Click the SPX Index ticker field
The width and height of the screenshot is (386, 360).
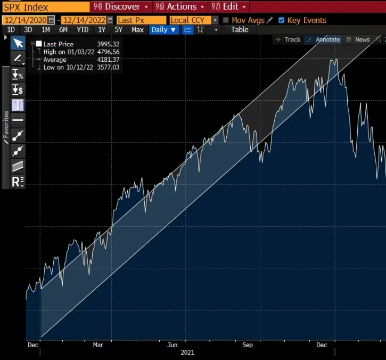pos(45,7)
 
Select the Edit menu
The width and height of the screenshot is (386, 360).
pos(229,7)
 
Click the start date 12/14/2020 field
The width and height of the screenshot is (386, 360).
pos(25,20)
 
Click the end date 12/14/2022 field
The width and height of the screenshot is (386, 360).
pos(85,20)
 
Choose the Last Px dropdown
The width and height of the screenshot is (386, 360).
pos(141,20)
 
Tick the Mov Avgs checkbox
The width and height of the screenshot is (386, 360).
pos(226,20)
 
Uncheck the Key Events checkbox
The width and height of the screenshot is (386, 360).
pos(281,20)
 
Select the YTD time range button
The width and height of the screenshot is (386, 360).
pos(83,30)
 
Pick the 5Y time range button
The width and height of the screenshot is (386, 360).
pos(118,30)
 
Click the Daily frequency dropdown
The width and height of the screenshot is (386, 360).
pos(163,30)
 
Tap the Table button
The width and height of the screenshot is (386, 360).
pos(240,30)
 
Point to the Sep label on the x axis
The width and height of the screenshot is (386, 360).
pos(248,345)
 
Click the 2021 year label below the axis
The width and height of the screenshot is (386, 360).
pos(187,353)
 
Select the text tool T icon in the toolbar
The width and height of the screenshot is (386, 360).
pos(18,104)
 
